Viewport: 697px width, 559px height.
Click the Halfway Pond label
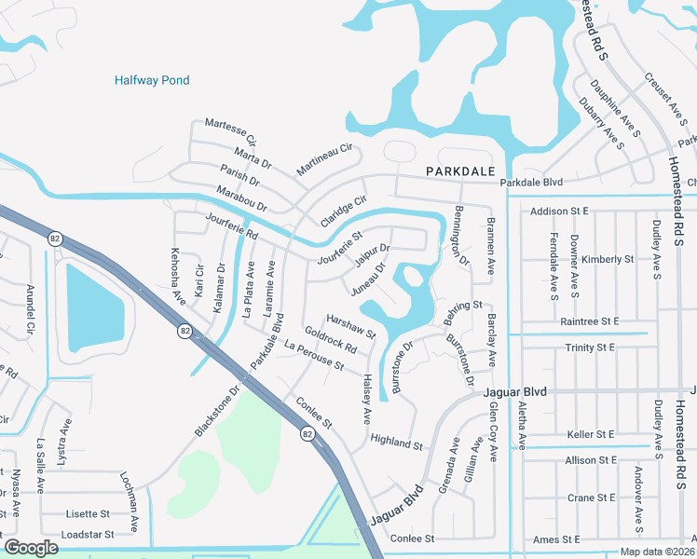click(152, 81)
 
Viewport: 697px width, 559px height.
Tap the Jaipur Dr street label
click(371, 256)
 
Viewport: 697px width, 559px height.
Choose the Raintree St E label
click(591, 320)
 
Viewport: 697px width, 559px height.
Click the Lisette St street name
click(88, 514)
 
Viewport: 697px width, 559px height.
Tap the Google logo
click(32, 548)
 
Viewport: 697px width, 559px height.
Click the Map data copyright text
click(656, 552)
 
